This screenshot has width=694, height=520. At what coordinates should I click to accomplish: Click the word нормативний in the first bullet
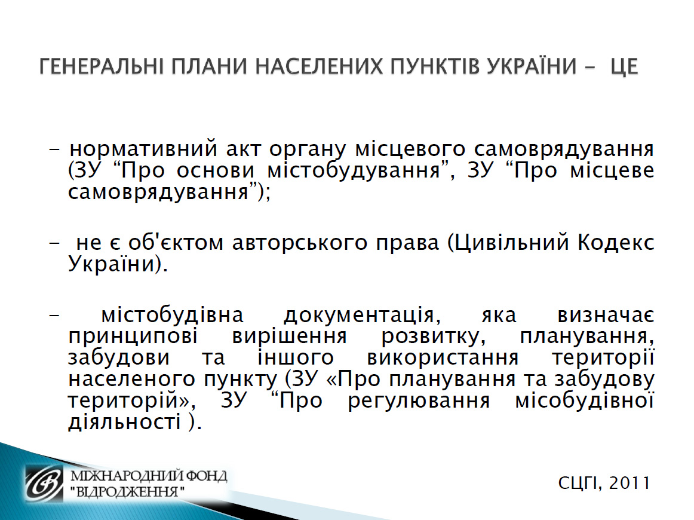click(x=144, y=149)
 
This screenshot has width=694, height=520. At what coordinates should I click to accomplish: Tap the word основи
click(x=216, y=171)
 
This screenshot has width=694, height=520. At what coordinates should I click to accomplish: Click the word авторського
click(x=300, y=243)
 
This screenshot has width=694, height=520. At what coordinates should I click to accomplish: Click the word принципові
click(x=133, y=337)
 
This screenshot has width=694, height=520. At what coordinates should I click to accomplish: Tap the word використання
click(x=443, y=358)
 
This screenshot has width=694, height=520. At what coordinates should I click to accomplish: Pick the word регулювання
click(x=419, y=402)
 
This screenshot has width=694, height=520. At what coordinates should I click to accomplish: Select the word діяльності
click(x=124, y=421)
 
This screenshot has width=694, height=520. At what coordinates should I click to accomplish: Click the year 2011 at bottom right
click(x=629, y=483)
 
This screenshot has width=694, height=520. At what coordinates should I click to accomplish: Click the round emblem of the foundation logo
click(x=45, y=484)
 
